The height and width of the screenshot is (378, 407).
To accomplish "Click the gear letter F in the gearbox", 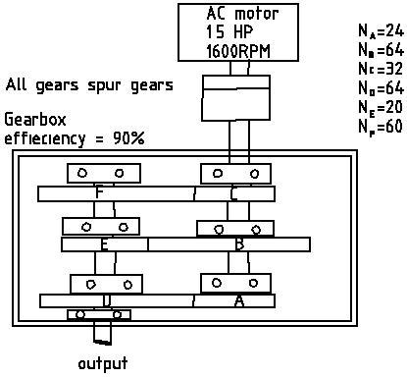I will [x=100, y=193].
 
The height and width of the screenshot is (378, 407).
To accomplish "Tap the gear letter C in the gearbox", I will [x=233, y=193].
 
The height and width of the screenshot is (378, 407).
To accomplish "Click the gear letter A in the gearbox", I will [x=238, y=301].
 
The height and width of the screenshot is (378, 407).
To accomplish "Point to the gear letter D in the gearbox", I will [x=105, y=301].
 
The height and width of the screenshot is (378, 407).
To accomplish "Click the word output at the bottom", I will [x=103, y=364].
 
